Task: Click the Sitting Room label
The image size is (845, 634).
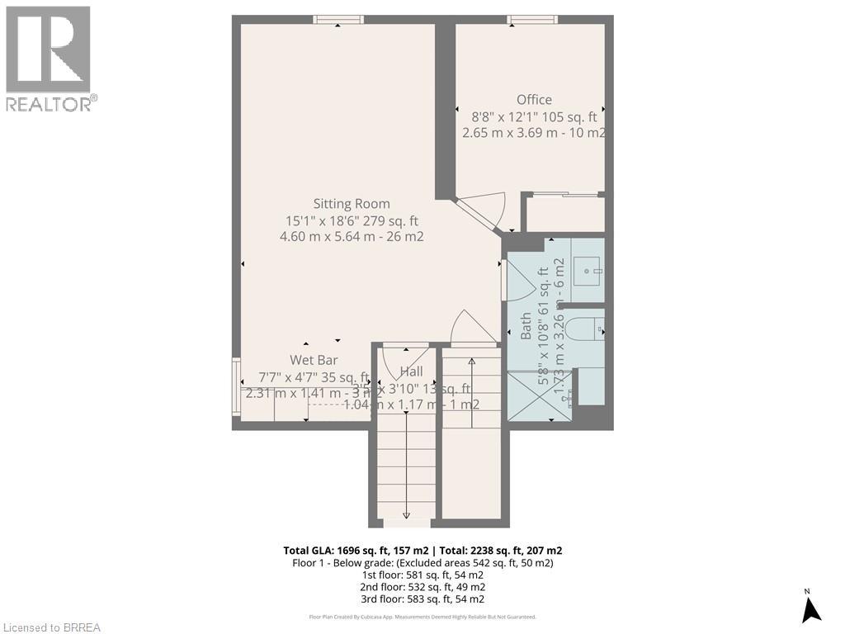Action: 352,204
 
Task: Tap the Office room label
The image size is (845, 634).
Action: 534,100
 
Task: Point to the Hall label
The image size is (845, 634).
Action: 411,371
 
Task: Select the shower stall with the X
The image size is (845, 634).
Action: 540,397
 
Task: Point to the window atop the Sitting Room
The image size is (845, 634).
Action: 338,20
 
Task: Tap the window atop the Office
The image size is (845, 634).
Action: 532,20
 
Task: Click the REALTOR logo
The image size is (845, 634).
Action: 49,59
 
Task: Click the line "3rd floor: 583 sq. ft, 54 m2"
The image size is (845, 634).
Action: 422,599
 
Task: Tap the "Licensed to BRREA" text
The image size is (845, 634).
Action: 51,627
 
